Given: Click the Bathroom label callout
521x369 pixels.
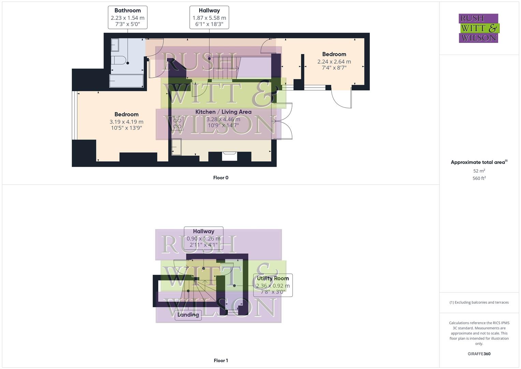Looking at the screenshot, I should click(x=128, y=17).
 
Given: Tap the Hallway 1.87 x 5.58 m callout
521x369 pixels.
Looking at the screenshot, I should click(x=209, y=17).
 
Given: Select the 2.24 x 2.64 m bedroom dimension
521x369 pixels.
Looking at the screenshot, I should click(x=334, y=61).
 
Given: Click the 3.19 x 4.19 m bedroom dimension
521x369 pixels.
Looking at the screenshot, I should click(x=126, y=122).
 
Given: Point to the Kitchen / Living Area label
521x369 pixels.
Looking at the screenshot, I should click(x=223, y=112).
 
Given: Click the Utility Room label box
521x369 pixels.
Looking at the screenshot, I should click(x=273, y=285).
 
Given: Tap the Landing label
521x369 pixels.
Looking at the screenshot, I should click(x=188, y=315).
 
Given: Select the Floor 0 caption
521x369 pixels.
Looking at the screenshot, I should click(x=221, y=178).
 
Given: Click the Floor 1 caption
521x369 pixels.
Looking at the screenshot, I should click(x=221, y=360).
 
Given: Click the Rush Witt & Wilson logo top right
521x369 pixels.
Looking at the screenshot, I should click(x=479, y=28).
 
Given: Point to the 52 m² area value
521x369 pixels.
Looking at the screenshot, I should click(x=479, y=171).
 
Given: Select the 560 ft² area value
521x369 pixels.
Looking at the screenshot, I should click(x=479, y=178).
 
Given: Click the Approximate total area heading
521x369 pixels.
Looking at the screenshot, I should click(x=479, y=162).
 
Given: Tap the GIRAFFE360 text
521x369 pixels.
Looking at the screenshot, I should click(x=479, y=354).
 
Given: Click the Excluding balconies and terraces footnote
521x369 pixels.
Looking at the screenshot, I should click(x=479, y=302).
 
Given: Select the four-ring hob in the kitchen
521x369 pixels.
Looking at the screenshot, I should click(x=177, y=123).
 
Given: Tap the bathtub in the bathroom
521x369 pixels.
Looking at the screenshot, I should click(x=126, y=81).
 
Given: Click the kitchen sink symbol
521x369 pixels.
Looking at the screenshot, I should click(x=176, y=147).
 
